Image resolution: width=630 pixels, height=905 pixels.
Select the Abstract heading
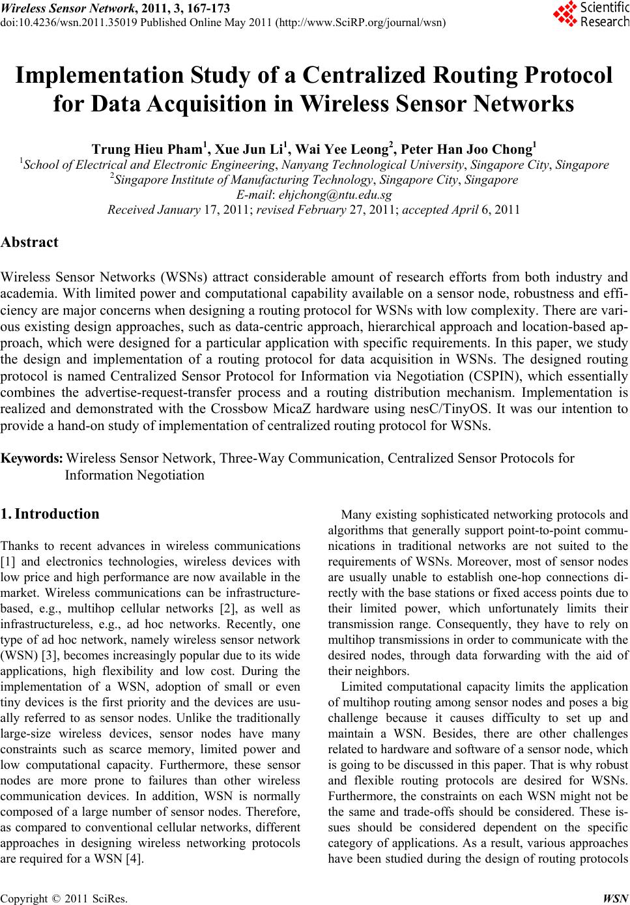30,242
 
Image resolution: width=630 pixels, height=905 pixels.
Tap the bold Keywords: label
32,459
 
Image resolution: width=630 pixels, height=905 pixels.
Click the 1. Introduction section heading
50,514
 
